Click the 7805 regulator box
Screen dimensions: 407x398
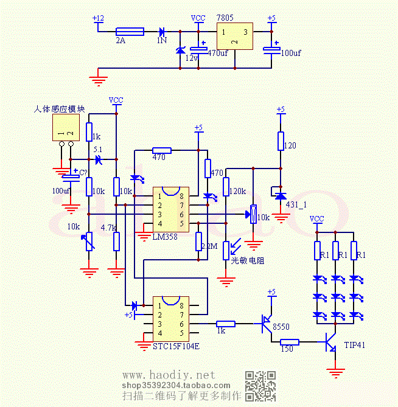235,38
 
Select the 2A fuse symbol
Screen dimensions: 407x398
130,31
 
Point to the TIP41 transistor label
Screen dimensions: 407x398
355,345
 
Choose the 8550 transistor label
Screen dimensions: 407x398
281,327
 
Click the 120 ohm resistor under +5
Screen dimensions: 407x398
281,141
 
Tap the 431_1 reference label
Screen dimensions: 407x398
296,205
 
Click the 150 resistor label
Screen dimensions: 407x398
287,349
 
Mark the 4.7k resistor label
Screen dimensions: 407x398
108,228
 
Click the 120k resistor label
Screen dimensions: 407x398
237,191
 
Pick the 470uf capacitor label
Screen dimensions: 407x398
218,54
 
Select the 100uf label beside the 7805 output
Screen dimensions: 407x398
290,54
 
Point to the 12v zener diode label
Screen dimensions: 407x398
192,58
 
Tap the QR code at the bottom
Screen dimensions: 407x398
260,385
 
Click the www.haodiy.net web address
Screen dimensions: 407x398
169,374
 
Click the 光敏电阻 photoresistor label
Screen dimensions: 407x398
246,260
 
